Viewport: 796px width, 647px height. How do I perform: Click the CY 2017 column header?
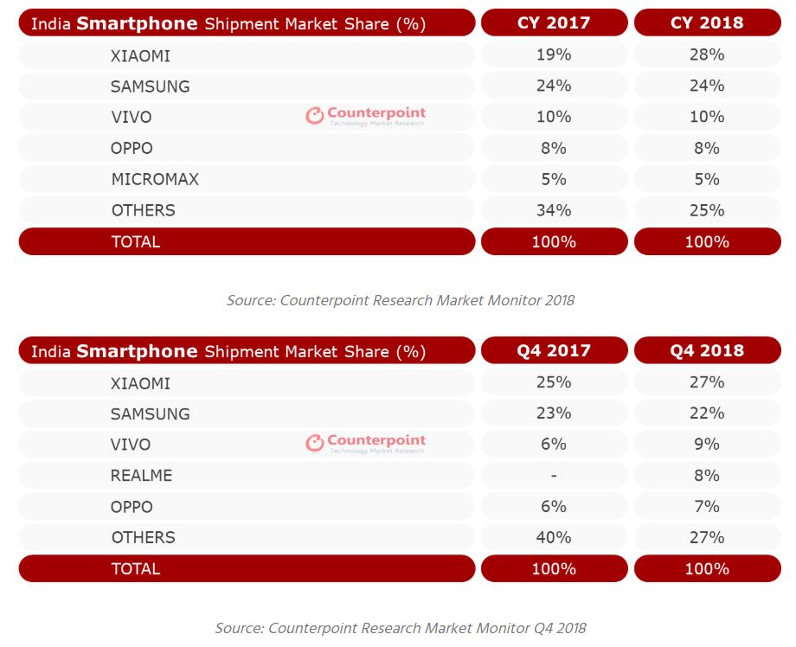(x=554, y=22)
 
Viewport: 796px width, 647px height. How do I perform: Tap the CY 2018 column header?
(x=707, y=22)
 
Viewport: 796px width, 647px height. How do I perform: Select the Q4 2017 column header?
(x=554, y=350)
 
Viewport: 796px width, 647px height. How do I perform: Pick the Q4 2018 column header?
(x=707, y=350)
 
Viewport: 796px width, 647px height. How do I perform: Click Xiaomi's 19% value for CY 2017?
(x=554, y=54)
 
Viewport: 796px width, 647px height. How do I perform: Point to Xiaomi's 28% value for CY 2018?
(x=707, y=54)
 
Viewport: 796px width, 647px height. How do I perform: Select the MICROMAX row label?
(x=156, y=179)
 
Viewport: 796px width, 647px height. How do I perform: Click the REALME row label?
(x=142, y=476)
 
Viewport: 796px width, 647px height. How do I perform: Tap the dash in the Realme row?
(x=554, y=476)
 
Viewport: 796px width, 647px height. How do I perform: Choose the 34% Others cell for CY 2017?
(x=554, y=210)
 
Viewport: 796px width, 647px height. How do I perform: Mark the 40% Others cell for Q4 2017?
(x=554, y=537)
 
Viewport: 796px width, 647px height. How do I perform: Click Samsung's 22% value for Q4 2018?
(x=707, y=413)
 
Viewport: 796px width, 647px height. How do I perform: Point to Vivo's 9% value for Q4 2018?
(x=707, y=445)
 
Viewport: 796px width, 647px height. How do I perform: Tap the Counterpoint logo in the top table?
(x=365, y=116)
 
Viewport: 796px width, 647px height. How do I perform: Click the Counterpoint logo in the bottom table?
(x=365, y=443)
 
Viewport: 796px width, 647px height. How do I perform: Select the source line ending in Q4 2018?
(x=401, y=628)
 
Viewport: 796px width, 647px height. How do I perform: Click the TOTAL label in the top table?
(x=136, y=241)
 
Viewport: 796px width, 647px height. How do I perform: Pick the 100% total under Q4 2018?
(x=707, y=569)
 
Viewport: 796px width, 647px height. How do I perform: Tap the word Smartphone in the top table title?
(x=137, y=23)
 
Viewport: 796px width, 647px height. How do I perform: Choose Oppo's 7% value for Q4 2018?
(x=707, y=506)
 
